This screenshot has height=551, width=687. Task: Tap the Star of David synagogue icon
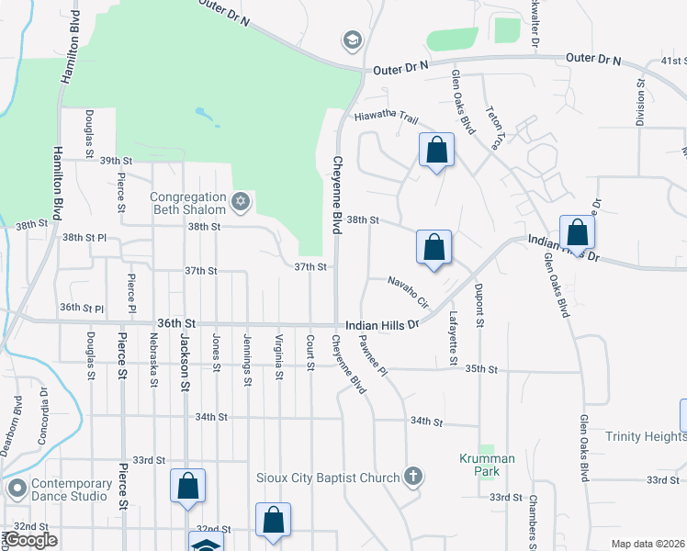[241, 202]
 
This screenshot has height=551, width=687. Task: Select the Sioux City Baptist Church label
[327, 478]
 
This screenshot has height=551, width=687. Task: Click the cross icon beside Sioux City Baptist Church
[414, 477]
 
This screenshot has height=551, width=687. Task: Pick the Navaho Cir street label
[409, 291]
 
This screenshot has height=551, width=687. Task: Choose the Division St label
[640, 101]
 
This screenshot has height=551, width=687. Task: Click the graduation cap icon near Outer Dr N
[351, 40]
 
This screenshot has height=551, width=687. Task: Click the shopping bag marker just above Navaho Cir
[434, 248]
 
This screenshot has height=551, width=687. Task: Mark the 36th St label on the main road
[177, 324]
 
